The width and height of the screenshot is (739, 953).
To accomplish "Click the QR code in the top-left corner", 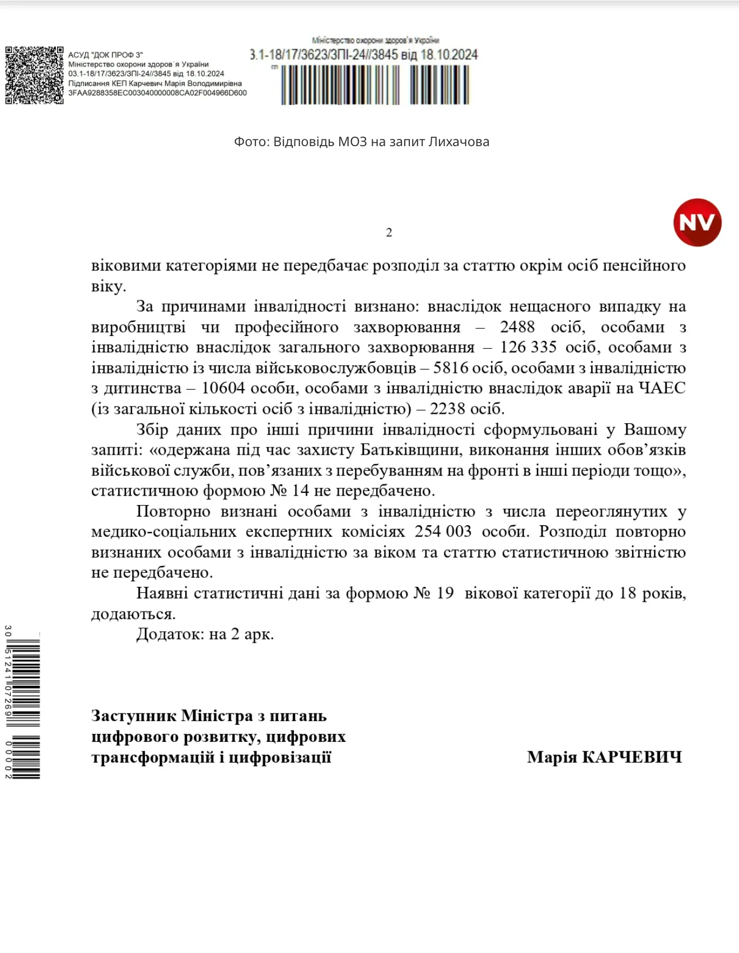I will (x=34, y=75).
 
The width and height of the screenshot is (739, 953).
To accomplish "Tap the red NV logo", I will (x=697, y=222).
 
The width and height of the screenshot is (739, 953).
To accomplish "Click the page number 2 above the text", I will (x=389, y=232).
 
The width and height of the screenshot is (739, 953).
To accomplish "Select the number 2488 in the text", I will (x=517, y=327).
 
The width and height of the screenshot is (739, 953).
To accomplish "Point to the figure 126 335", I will (x=528, y=348).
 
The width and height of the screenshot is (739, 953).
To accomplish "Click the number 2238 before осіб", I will (x=447, y=409).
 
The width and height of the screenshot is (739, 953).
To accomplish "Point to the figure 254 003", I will (x=443, y=531).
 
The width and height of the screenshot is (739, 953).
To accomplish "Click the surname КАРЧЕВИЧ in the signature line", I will (x=632, y=758).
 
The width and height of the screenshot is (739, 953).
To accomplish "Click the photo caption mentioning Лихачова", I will (x=362, y=142).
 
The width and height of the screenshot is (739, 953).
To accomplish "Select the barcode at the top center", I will (x=375, y=85).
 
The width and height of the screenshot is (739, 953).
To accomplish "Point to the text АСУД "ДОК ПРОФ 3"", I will (x=105, y=55).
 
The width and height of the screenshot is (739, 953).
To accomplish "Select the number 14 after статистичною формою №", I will (x=300, y=491).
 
